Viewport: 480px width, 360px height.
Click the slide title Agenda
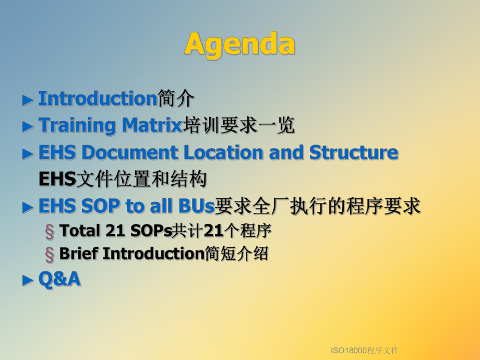click(x=239, y=44)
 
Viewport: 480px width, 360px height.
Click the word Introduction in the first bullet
click(x=98, y=98)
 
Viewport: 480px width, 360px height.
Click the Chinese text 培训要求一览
click(x=238, y=125)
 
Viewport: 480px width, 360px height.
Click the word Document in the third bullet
click(x=130, y=152)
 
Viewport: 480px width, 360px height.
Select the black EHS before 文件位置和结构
click(x=57, y=179)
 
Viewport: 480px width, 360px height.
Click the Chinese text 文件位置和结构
click(x=141, y=179)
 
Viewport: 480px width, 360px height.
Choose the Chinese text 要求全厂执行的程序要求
click(x=318, y=207)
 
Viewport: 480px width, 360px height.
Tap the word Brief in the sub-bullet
click(x=79, y=254)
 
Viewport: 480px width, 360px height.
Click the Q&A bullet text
click(x=59, y=279)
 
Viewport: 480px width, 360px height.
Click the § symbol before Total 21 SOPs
click(x=50, y=231)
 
